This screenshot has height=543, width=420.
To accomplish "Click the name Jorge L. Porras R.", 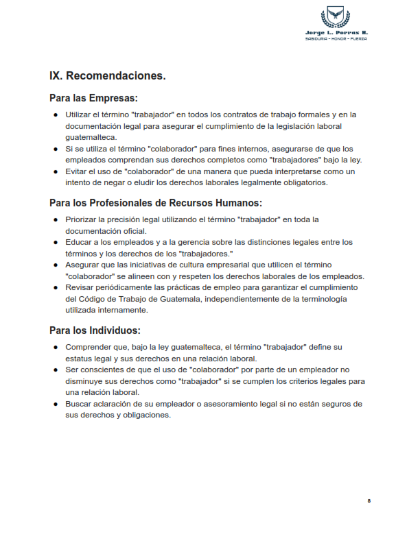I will click(336, 32).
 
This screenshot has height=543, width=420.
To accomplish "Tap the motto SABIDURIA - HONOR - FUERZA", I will click(336, 38).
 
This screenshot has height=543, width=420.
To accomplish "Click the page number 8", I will click(369, 501).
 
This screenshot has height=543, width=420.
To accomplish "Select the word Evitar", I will click(77, 171).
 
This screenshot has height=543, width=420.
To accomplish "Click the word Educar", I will click(79, 242).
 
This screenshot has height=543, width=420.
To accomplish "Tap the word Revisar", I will click(80, 287).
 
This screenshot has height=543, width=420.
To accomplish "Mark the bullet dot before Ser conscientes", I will click(56, 370).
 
